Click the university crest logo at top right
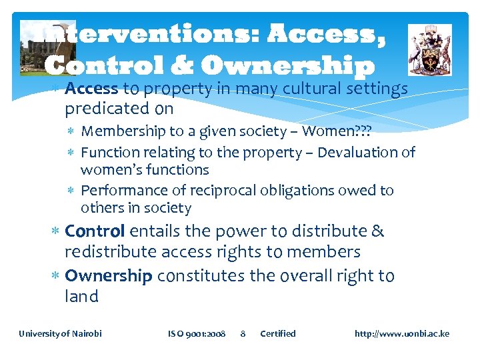point(429,50)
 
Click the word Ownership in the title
point(287,65)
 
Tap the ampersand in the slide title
point(177,65)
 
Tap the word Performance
point(121,191)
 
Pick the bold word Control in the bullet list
point(95,231)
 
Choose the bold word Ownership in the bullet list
point(109,276)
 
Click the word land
point(81,297)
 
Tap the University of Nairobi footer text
point(60,333)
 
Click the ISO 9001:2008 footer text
point(197,333)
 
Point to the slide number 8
point(243,333)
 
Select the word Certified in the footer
point(277,333)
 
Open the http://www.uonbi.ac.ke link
point(402,333)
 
